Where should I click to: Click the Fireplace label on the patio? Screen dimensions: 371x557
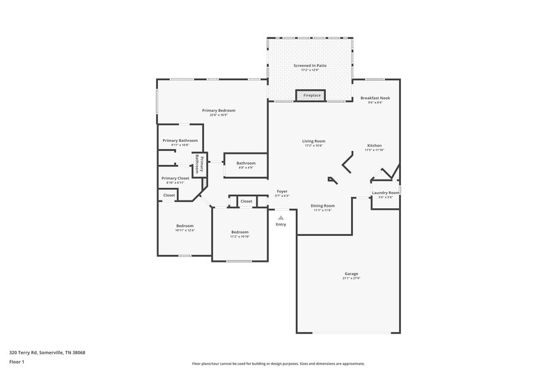[311, 95]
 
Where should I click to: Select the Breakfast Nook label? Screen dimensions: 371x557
[375, 98]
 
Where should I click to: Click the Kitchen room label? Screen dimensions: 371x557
[375, 146]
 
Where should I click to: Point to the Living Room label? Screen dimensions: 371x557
[313, 141]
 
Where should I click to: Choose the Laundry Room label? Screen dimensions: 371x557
[385, 193]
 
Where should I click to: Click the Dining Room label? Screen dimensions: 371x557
[322, 205]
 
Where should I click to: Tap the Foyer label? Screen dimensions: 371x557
[282, 191]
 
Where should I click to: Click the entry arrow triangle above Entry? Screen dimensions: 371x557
[281, 217]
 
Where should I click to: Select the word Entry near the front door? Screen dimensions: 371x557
[281, 224]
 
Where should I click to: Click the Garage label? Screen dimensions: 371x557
[351, 274]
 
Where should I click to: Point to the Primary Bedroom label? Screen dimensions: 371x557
[219, 111]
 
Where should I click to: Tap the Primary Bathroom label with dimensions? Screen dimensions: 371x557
[180, 141]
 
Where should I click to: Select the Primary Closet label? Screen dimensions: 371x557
[175, 178]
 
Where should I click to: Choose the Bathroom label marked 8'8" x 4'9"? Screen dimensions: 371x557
[246, 163]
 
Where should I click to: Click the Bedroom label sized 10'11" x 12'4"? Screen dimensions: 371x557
[185, 226]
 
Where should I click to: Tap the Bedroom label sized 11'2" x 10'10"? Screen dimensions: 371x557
[240, 232]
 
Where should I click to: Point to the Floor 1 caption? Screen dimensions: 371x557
[17, 362]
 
